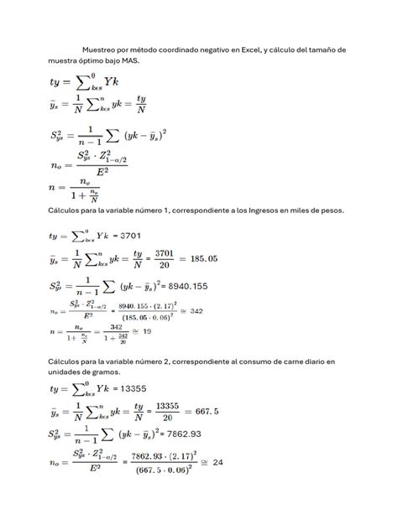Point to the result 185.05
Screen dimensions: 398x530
click(x=211, y=262)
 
